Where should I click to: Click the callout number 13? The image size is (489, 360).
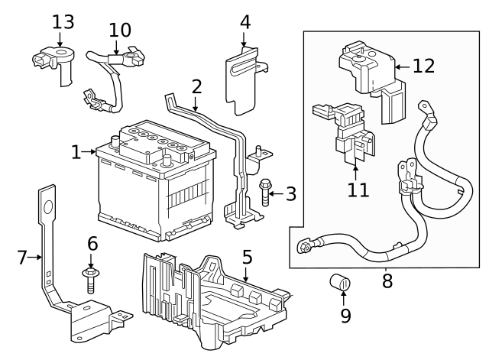pyautogui.click(x=63, y=21)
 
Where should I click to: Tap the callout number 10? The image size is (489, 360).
pyautogui.click(x=119, y=30)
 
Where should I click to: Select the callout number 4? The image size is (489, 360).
pyautogui.click(x=244, y=21)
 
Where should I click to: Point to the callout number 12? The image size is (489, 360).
pyautogui.click(x=423, y=66)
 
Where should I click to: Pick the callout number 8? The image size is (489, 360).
pyautogui.click(x=387, y=281)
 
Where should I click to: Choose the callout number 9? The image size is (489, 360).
pyautogui.click(x=345, y=314)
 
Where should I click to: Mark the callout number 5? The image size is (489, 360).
pyautogui.click(x=247, y=257)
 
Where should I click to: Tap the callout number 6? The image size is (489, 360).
pyautogui.click(x=92, y=244)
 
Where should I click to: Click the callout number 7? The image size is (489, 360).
pyautogui.click(x=21, y=258)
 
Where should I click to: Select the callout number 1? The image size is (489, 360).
pyautogui.click(x=75, y=152)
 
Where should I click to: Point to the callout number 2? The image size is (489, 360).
pyautogui.click(x=196, y=86)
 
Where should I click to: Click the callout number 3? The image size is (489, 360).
pyautogui.click(x=290, y=193)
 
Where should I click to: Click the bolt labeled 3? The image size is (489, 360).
pyautogui.click(x=266, y=191)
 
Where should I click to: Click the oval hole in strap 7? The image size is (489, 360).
pyautogui.click(x=47, y=206)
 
